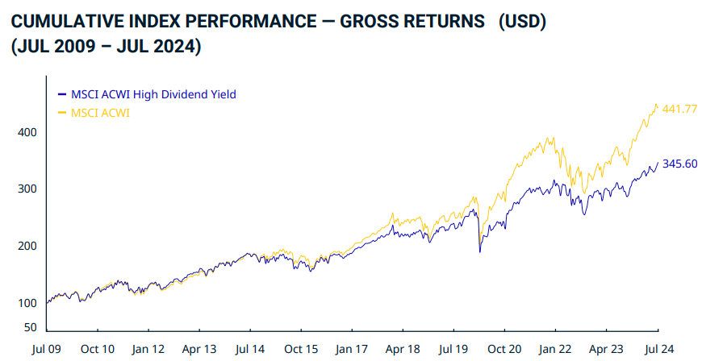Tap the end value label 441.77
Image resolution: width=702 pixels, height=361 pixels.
pyautogui.click(x=679, y=109)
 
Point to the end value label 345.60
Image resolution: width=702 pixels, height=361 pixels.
pyautogui.click(x=679, y=164)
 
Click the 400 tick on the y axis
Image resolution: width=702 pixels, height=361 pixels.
pyautogui.click(x=28, y=132)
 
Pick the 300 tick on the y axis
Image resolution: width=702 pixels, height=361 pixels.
pyautogui.click(x=28, y=189)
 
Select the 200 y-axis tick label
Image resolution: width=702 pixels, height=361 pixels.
pyautogui.click(x=28, y=246)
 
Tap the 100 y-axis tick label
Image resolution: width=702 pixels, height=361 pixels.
pyautogui.click(x=28, y=303)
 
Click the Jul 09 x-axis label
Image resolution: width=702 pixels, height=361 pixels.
pyautogui.click(x=47, y=349)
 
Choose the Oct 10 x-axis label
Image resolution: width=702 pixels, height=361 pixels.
pyautogui.click(x=98, y=349)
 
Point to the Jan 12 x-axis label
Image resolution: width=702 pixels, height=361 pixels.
pyautogui.click(x=148, y=349)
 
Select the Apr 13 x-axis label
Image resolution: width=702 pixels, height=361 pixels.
pyautogui.click(x=199, y=349)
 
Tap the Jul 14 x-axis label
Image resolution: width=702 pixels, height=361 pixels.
pyautogui.click(x=250, y=349)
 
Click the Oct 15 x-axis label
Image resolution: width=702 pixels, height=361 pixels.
pyautogui.click(x=301, y=349)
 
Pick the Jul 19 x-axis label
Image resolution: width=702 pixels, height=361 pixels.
pyautogui.click(x=454, y=349)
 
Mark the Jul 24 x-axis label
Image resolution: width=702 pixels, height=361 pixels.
pyautogui.click(x=658, y=349)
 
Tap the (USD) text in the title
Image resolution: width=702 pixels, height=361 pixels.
pyautogui.click(x=522, y=21)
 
